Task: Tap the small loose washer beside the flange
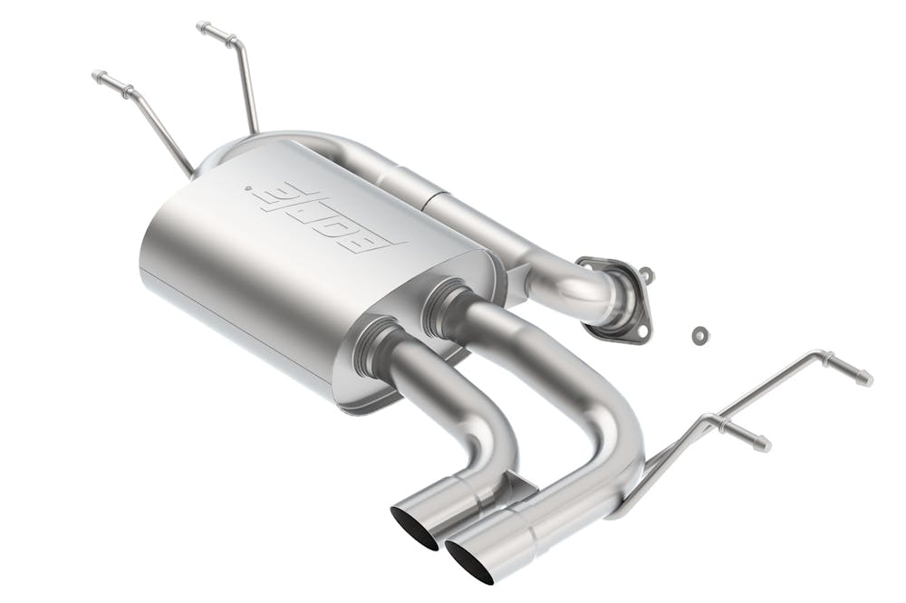699,335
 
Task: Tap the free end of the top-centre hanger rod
202,26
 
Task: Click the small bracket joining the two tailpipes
517,488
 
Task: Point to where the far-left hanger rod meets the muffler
188,170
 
